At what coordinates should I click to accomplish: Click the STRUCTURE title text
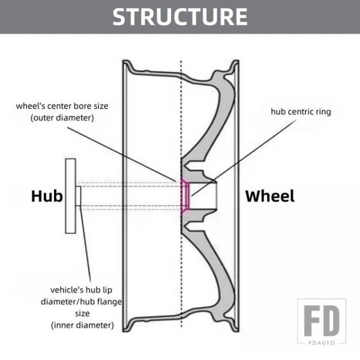pos(180,16)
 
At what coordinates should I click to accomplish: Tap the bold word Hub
pos(47,196)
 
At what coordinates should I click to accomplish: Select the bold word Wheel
pos(270,196)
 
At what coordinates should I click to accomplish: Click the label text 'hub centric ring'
pos(301,112)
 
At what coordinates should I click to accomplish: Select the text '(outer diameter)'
pos(62,118)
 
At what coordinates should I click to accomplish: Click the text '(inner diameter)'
pos(82,325)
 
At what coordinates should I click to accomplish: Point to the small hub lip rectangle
pos(79,196)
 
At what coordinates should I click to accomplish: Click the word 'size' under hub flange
pos(82,313)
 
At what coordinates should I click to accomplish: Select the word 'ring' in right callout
pos(322,112)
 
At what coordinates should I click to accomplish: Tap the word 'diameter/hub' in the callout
pos(68,301)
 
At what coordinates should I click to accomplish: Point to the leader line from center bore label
pos(138,150)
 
